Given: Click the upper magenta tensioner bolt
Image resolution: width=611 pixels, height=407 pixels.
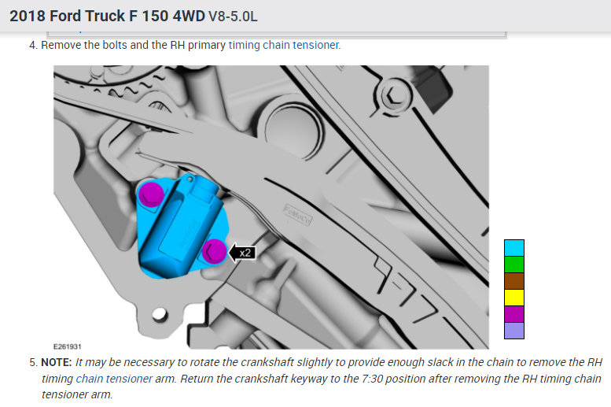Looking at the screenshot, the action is coord(151,194).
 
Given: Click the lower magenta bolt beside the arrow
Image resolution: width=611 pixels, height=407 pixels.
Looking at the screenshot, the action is coord(214,251).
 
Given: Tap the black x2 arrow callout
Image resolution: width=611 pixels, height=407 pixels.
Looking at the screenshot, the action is coord(241,253).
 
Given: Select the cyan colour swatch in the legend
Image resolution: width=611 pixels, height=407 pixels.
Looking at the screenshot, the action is coord(514,248).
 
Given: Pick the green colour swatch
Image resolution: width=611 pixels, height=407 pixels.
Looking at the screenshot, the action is coord(514,265).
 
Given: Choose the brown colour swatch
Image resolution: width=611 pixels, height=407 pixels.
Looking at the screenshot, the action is coord(514,281).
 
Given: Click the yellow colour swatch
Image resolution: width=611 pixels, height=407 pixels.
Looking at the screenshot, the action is coord(514,298).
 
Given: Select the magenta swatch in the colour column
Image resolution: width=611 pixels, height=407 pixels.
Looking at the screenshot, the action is coord(514,314).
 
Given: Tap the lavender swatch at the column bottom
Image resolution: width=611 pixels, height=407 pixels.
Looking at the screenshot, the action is coord(514,331).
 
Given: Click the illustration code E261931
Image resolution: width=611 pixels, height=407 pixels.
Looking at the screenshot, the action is coord(67,346).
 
